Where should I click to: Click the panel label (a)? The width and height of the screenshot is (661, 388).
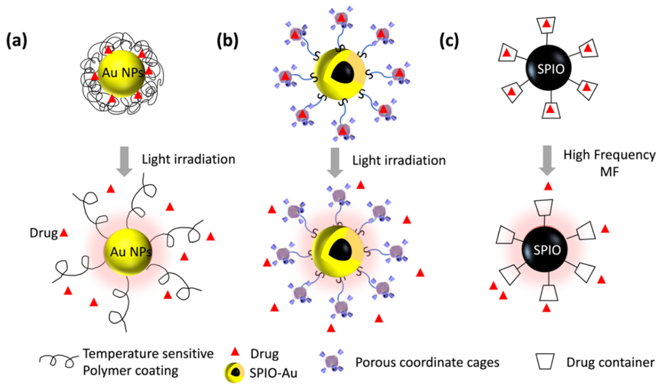point(17,41)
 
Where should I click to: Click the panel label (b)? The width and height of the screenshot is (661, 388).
point(227,41)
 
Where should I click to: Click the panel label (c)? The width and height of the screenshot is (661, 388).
point(449,41)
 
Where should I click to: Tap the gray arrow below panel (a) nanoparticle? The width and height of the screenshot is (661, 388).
point(124,161)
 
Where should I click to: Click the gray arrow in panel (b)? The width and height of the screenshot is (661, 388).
point(335,162)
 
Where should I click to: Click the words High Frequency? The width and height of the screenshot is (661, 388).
point(609,155)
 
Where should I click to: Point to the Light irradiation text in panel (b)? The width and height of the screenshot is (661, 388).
point(399,161)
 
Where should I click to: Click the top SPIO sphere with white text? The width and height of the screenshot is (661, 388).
point(548,68)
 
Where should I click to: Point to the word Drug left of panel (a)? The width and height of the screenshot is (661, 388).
point(43,233)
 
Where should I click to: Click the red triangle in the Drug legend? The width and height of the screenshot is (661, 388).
point(235,352)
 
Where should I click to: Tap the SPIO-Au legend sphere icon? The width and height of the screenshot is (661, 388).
point(234,373)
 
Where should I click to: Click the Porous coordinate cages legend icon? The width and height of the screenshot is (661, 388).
point(332,362)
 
